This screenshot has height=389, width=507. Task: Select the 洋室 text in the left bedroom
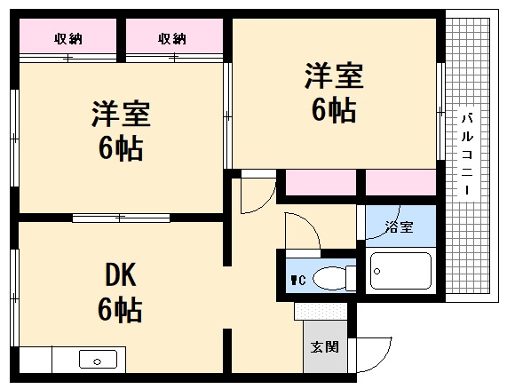tap(121, 116)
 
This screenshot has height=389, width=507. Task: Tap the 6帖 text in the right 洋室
tap(334, 110)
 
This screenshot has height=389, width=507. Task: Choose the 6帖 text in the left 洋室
tap(121, 149)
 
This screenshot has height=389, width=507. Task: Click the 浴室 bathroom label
tap(399, 226)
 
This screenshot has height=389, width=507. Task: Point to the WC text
tap(297, 280)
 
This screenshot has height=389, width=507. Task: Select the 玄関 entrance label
tap(323, 346)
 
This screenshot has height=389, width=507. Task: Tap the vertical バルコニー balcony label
tap(467, 155)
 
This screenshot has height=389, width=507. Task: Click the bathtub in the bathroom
tap(400, 270)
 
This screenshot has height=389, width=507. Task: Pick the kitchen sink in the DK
tap(97, 360)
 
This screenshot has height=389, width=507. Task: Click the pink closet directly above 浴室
tap(400, 182)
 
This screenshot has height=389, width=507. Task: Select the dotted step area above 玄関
tap(323, 312)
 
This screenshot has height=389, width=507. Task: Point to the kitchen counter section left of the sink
tap(36, 360)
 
